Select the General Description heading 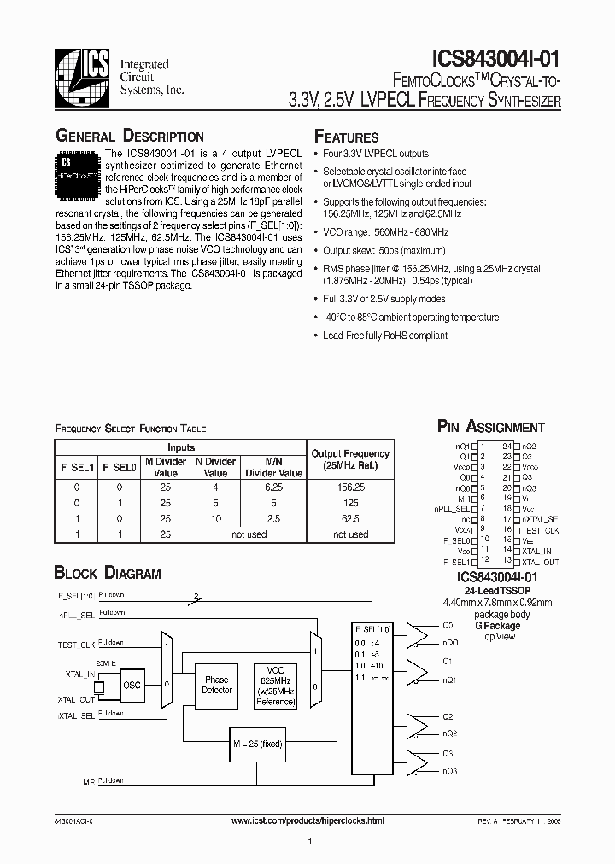pyautogui.click(x=130, y=137)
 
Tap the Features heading pyautogui.click(x=347, y=137)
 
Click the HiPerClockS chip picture pyautogui.click(x=79, y=168)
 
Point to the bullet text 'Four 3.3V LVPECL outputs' pyautogui.click(x=376, y=154)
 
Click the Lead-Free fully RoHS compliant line pyautogui.click(x=385, y=336)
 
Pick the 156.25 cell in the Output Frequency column pyautogui.click(x=350, y=487)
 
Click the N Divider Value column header pyautogui.click(x=216, y=467)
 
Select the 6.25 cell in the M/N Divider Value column pyautogui.click(x=273, y=487)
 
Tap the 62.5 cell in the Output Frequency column pyautogui.click(x=350, y=518)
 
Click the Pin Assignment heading pyautogui.click(x=490, y=427)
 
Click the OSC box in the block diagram pyautogui.click(x=132, y=685)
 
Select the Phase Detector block pyautogui.click(x=216, y=685)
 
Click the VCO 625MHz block pyautogui.click(x=275, y=685)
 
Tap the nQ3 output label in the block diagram pyautogui.click(x=449, y=771)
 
